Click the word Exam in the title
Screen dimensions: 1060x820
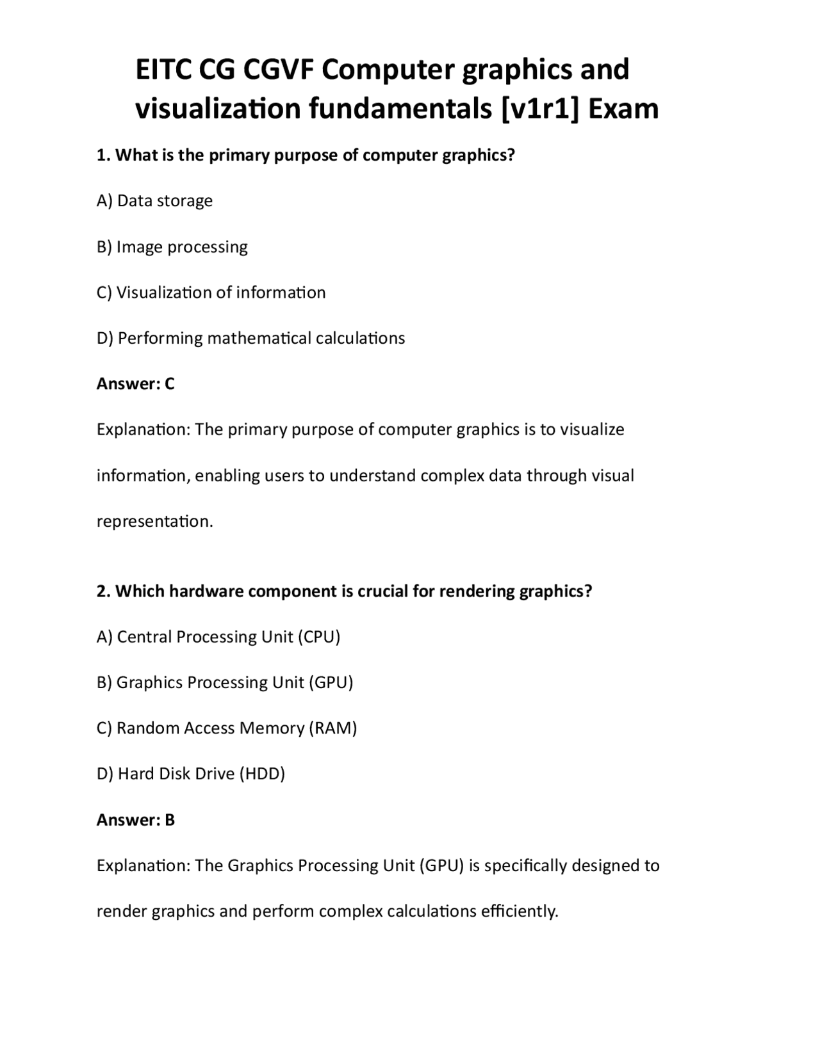(x=623, y=108)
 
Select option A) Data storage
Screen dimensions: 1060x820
(x=154, y=201)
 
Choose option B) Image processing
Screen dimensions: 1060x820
(x=172, y=247)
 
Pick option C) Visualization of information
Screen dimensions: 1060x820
(x=211, y=293)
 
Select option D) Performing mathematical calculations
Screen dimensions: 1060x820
(x=250, y=338)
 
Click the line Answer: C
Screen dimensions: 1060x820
(x=135, y=384)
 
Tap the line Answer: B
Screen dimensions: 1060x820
(x=135, y=820)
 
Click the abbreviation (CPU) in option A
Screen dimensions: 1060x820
(x=319, y=637)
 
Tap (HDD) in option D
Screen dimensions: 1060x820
(x=262, y=774)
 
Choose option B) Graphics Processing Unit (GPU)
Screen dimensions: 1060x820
(x=225, y=682)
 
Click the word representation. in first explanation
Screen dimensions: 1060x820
(x=154, y=522)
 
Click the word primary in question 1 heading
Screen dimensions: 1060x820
(x=239, y=156)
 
